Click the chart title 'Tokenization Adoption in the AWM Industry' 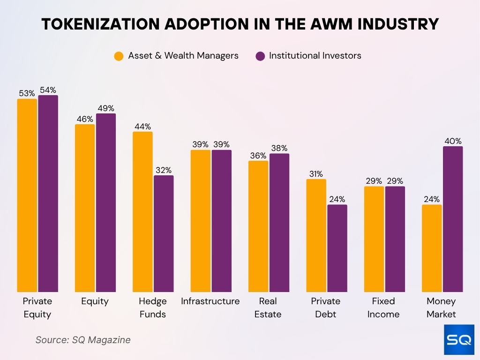[x=240, y=24]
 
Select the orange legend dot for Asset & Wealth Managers [x=119, y=56]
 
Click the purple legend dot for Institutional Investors [x=260, y=56]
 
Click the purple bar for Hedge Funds [x=164, y=234]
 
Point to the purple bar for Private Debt [x=337, y=248]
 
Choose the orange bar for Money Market [x=432, y=248]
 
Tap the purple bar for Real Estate [x=279, y=223]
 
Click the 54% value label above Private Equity [x=48, y=90]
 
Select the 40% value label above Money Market [x=453, y=141]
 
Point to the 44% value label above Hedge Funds [x=142, y=127]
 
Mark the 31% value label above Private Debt [x=316, y=174]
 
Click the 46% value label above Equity [x=85, y=119]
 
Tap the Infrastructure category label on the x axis [x=210, y=301]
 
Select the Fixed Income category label [x=383, y=307]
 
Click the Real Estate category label [x=268, y=307]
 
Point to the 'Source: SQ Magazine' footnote [x=83, y=340]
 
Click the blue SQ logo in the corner [x=459, y=339]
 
